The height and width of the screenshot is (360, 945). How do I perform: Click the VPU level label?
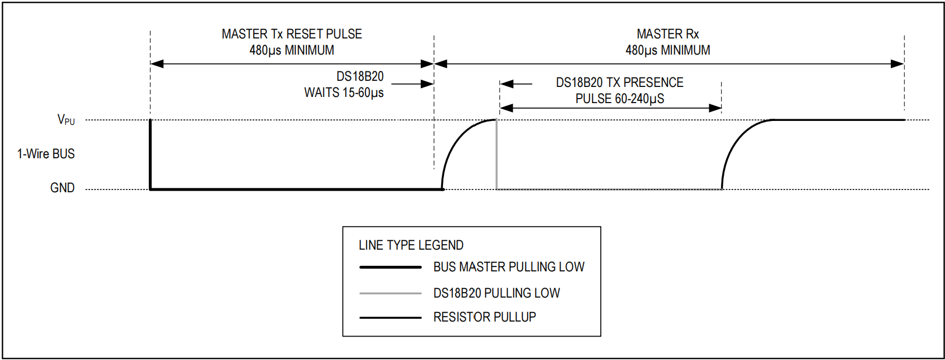[66, 120]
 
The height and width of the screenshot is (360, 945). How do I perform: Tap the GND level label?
[62, 188]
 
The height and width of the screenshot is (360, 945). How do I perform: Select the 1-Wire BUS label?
[46, 154]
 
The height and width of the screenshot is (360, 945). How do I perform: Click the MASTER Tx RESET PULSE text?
[291, 34]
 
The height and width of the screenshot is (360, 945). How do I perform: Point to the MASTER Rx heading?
[668, 34]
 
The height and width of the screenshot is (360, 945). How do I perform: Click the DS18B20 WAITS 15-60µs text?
[344, 93]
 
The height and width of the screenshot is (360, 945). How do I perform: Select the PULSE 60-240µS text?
[620, 99]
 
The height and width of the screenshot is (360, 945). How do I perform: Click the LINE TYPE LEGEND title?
[411, 245]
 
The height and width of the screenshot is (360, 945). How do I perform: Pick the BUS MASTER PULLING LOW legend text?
[509, 267]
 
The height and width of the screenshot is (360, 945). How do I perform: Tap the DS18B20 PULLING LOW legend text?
[496, 293]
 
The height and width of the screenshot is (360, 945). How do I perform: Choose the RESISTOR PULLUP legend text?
[484, 317]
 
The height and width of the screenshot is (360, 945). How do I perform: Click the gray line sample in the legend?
[390, 293]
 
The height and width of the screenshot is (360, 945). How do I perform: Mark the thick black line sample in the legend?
[390, 267]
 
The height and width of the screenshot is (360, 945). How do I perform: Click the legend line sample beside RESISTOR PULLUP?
[390, 318]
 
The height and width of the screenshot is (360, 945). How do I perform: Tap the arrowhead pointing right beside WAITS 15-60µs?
[427, 84]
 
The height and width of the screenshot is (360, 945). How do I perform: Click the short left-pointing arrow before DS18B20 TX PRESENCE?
[507, 84]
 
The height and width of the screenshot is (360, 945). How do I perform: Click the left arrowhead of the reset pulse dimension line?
[157, 64]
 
